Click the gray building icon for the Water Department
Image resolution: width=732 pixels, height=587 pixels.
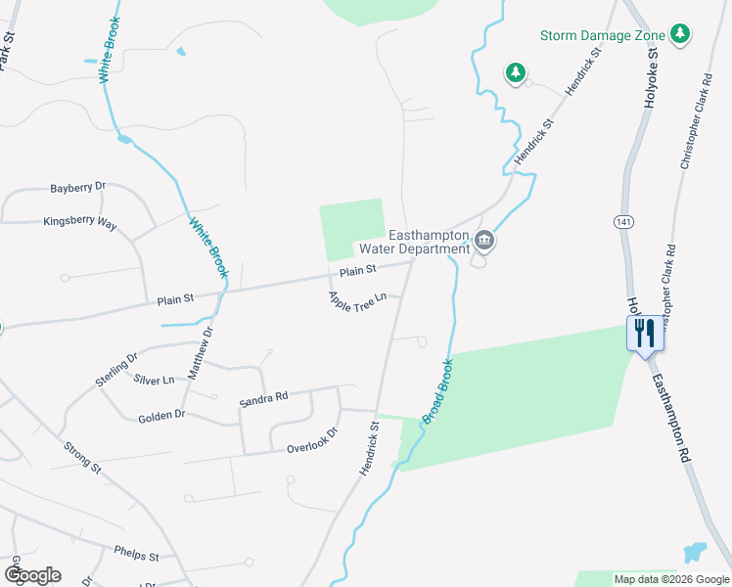tap(484, 241)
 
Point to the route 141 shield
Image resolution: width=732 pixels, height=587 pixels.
tap(623, 223)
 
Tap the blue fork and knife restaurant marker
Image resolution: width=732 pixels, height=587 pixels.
tap(645, 333)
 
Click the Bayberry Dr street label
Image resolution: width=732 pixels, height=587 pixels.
tap(78, 186)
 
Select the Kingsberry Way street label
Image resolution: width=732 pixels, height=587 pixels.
tap(80, 222)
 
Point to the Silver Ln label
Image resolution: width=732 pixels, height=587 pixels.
tap(154, 379)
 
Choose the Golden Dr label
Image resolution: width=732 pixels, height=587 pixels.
tap(160, 415)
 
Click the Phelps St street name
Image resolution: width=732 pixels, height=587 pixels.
tap(136, 555)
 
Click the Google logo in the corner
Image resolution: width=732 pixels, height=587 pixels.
tap(32, 574)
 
